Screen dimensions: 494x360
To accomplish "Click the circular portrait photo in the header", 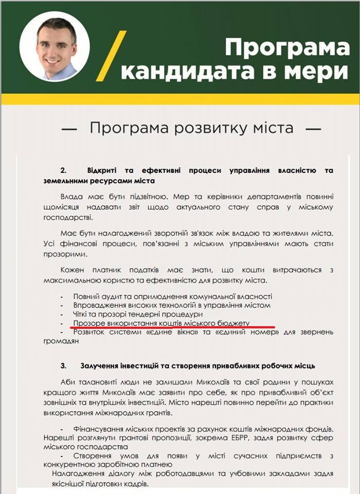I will (x=55, y=47).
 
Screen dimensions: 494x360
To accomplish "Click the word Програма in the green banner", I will (x=286, y=47).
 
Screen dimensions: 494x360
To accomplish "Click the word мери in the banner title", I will (x=319, y=73).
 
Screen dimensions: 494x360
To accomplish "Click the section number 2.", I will (x=64, y=170).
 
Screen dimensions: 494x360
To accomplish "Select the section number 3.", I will (x=63, y=365).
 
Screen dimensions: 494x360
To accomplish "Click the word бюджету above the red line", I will (x=232, y=323).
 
